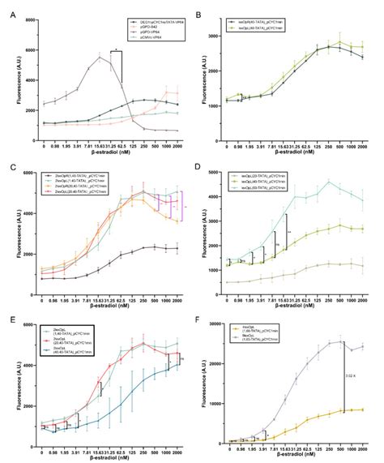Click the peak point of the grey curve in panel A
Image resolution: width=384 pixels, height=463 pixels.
99,58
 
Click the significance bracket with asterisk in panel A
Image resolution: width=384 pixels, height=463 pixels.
117,52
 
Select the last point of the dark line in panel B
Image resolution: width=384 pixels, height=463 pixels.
361,57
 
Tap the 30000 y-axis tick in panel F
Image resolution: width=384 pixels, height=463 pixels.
226,324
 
